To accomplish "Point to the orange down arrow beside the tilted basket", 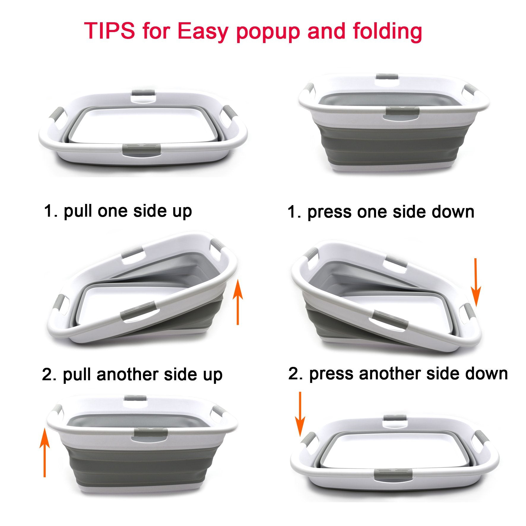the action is pos(476,282).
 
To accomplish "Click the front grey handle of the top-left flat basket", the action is pos(142,148).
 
